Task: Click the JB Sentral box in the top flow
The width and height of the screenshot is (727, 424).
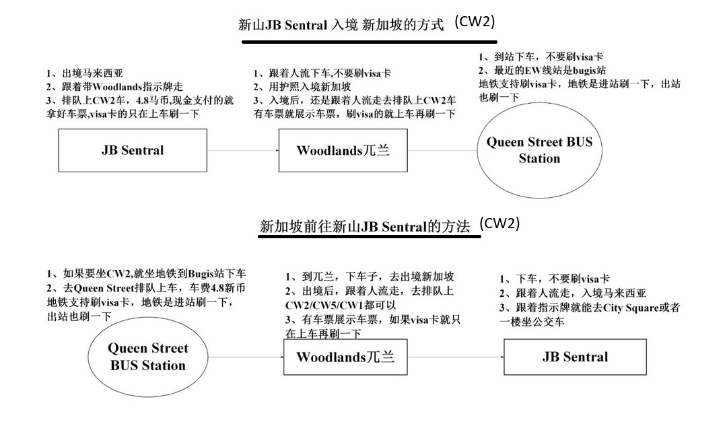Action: coord(133,150)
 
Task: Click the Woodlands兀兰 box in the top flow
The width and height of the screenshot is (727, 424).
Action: coord(343,150)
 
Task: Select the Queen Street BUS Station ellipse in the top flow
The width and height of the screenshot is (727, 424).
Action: coord(539,150)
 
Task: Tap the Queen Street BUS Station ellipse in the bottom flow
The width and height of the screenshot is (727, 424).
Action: coord(147,357)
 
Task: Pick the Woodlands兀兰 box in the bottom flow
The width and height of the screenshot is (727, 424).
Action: coord(345,356)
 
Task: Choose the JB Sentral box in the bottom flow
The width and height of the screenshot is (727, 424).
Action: coord(575,357)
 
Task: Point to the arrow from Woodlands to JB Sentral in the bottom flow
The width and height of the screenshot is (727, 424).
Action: coord(456,357)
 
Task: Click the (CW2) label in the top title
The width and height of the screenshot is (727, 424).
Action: coord(475,22)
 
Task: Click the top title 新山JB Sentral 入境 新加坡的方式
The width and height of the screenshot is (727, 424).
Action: coord(341,26)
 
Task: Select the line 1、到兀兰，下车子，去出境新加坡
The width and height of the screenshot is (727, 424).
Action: coord(370,277)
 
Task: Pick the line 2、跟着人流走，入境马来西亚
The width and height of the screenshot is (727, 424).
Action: coord(572,293)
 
